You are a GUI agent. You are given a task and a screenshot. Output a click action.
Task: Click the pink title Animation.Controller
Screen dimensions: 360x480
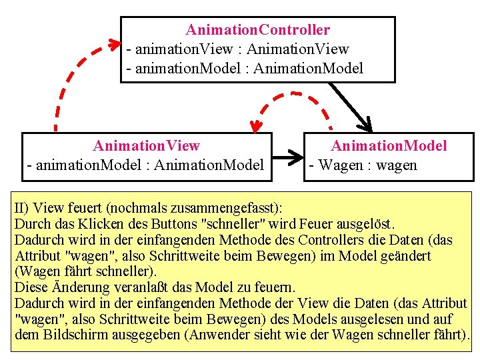257,30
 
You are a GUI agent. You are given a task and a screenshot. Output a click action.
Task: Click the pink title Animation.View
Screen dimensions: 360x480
146,146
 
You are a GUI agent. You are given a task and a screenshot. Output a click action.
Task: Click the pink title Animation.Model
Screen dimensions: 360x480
389,146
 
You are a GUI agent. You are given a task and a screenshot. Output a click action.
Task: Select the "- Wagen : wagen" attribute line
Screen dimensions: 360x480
362,165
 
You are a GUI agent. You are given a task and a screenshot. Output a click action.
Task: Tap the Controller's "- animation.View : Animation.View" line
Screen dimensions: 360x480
238,49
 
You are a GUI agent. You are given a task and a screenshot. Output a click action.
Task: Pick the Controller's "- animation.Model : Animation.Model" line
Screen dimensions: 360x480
245,68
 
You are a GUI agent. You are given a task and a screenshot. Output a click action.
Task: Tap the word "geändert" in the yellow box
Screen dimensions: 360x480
405,255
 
